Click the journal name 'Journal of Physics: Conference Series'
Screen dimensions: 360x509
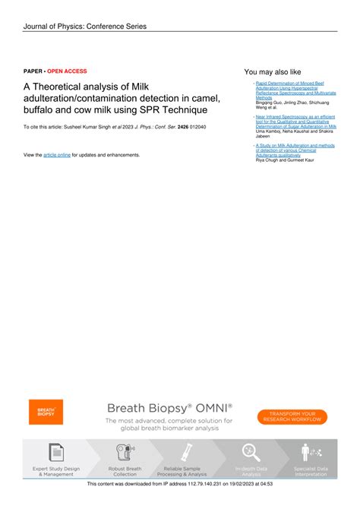pyautogui.click(x=84, y=27)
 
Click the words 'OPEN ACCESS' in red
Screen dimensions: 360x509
pyautogui.click(x=67, y=71)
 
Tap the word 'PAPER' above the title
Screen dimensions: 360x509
pyautogui.click(x=33, y=71)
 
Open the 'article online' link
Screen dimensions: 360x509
pyautogui.click(x=57, y=154)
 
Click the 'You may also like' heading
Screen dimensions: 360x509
pyautogui.click(x=272, y=71)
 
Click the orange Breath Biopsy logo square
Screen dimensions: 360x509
pyautogui.click(x=46, y=413)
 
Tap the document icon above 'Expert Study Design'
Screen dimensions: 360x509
pyautogui.click(x=55, y=452)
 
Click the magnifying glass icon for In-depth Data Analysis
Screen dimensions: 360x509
pyautogui.click(x=250, y=452)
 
